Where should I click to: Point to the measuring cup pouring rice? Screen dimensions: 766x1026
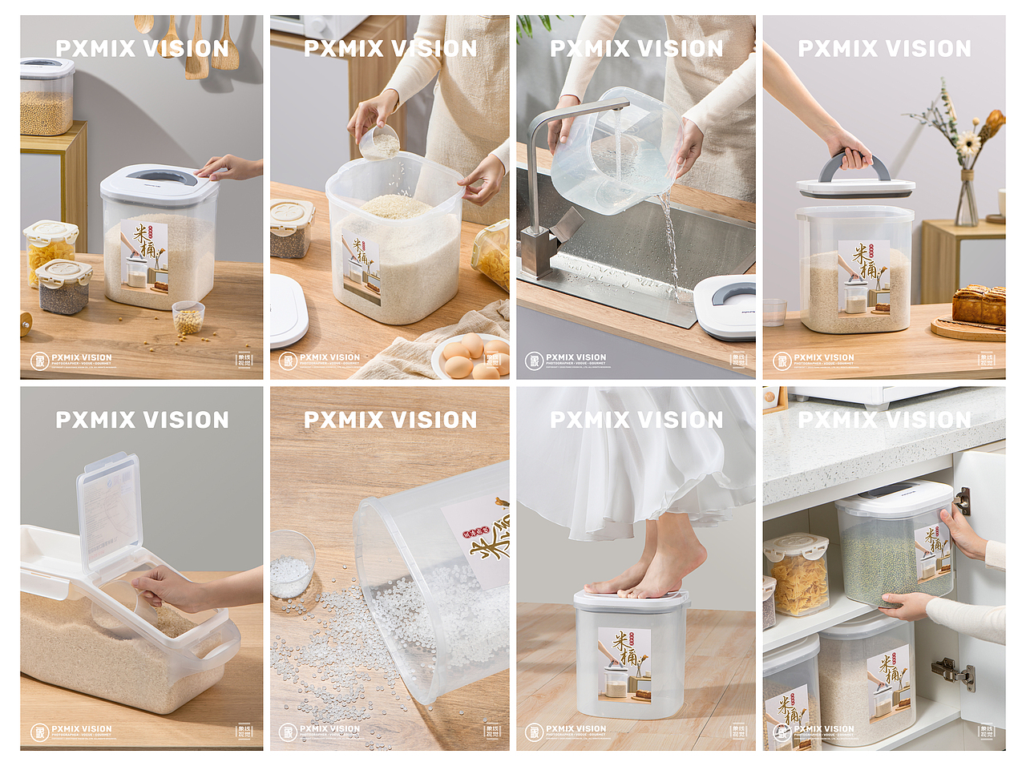click(379, 143)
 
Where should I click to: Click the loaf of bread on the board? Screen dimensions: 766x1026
click(979, 305)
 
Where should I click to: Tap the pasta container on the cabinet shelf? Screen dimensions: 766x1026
click(797, 574)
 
